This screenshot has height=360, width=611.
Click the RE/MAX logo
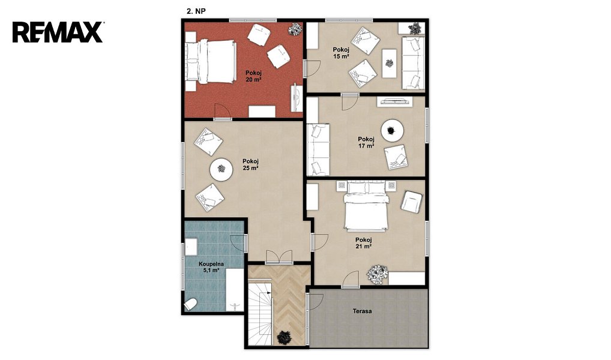[x=58, y=32]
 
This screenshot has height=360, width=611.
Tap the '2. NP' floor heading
[x=196, y=11]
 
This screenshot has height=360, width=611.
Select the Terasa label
[x=362, y=311]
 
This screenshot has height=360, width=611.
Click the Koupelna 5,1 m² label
[x=211, y=267]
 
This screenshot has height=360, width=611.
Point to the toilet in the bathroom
[x=190, y=304]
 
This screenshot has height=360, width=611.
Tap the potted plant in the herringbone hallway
[x=283, y=337]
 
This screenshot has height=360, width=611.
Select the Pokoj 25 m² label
[x=250, y=165]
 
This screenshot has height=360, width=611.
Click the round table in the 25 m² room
[x=221, y=169]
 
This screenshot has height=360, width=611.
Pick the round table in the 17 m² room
[x=392, y=130]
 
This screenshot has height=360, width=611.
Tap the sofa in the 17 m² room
[x=318, y=149]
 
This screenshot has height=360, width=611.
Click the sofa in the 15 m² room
[x=413, y=63]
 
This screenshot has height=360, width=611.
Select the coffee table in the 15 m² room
[x=390, y=63]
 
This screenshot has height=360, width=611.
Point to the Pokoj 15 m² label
[x=340, y=53]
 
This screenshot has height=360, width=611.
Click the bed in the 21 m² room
[x=366, y=206]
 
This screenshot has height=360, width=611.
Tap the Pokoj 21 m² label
[x=363, y=243]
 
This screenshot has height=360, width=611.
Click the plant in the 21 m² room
[x=377, y=274]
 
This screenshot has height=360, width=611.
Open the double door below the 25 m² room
[x=278, y=257]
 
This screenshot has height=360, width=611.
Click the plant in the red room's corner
[x=295, y=29]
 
